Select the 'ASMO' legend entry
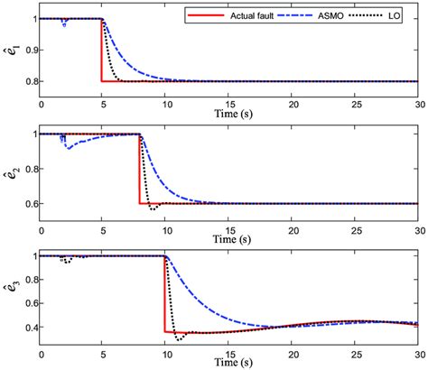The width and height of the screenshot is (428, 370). pyautogui.click(x=307, y=16)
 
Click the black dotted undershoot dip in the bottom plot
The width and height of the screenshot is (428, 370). pyautogui.click(x=180, y=338)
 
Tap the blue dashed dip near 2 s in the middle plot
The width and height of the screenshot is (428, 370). pyautogui.click(x=68, y=146)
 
